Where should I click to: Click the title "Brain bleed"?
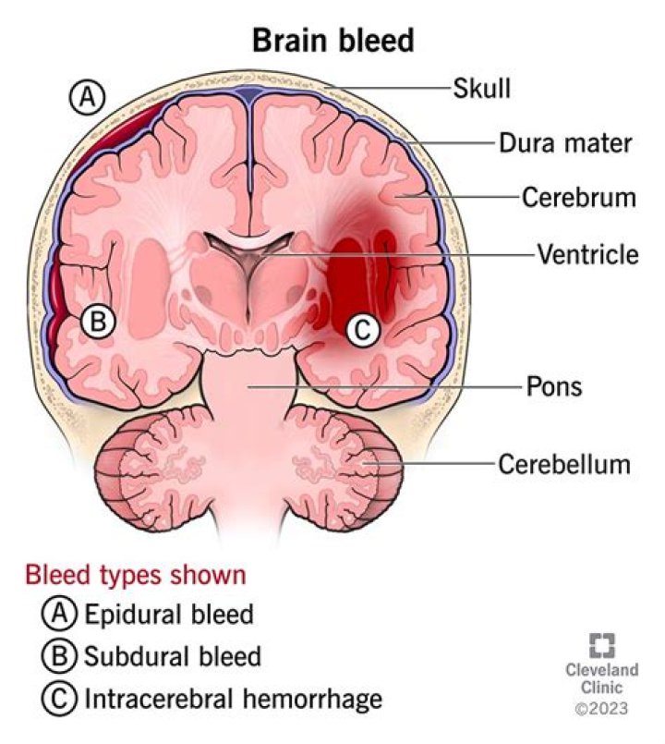point(333,40)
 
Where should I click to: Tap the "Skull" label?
point(481,88)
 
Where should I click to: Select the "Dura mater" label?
point(565,143)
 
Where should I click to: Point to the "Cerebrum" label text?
point(579,197)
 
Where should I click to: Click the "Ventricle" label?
point(587,254)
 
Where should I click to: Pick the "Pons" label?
point(554,386)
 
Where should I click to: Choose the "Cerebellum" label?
point(564,464)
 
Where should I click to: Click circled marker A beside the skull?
point(87,98)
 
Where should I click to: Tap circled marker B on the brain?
point(98,322)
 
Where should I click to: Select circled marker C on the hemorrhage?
point(363,329)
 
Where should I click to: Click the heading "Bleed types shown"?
point(136,575)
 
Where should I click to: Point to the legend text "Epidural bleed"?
point(169,614)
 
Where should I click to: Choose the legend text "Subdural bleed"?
point(173,656)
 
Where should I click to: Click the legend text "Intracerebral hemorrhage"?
point(234,699)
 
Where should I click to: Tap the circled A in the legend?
point(59,614)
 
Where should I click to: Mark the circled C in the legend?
point(59,699)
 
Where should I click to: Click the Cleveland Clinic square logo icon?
point(602,646)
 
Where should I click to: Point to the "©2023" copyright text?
point(601,708)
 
